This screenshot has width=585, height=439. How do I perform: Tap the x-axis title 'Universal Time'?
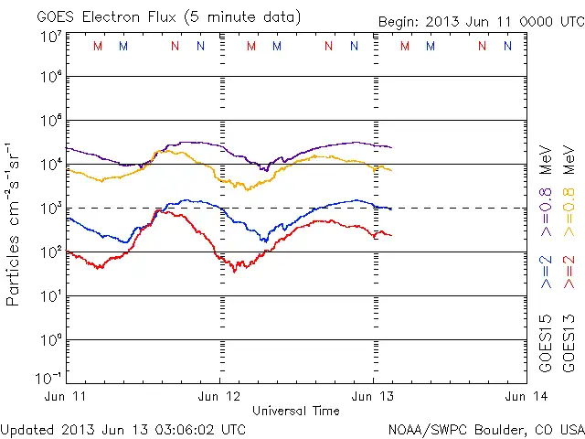click(295, 411)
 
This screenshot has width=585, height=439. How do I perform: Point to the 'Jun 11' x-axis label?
click(67, 396)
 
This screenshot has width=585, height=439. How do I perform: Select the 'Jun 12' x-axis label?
click(219, 396)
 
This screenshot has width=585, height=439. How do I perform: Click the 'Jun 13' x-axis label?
click(373, 396)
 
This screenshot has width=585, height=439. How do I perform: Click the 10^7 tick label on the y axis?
click(51, 37)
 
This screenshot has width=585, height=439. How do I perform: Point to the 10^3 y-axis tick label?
click(51, 209)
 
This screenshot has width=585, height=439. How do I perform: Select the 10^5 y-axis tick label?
click(51, 122)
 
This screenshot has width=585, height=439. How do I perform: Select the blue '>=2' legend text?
click(547, 273)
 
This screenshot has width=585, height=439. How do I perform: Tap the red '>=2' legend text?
click(568, 273)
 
